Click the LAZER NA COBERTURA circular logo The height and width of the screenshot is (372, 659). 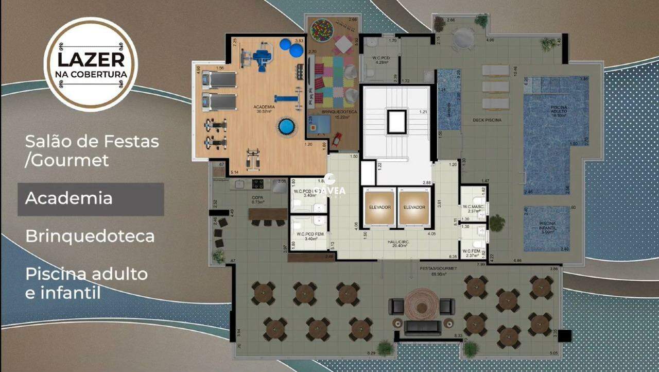tap(91, 64)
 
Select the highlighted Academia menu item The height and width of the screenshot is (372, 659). tap(68, 198)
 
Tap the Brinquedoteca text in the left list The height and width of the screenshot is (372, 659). tap(90, 236)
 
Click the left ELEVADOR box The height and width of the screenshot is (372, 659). tap(379, 208)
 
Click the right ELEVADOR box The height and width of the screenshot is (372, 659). tap(414, 208)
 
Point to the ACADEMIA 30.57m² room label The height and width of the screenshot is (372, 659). tap(264, 109)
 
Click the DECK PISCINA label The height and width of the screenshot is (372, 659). tap(487, 120)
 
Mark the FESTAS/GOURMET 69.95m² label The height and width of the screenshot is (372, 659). tap(432, 271)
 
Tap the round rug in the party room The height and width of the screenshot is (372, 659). tap(422, 307)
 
